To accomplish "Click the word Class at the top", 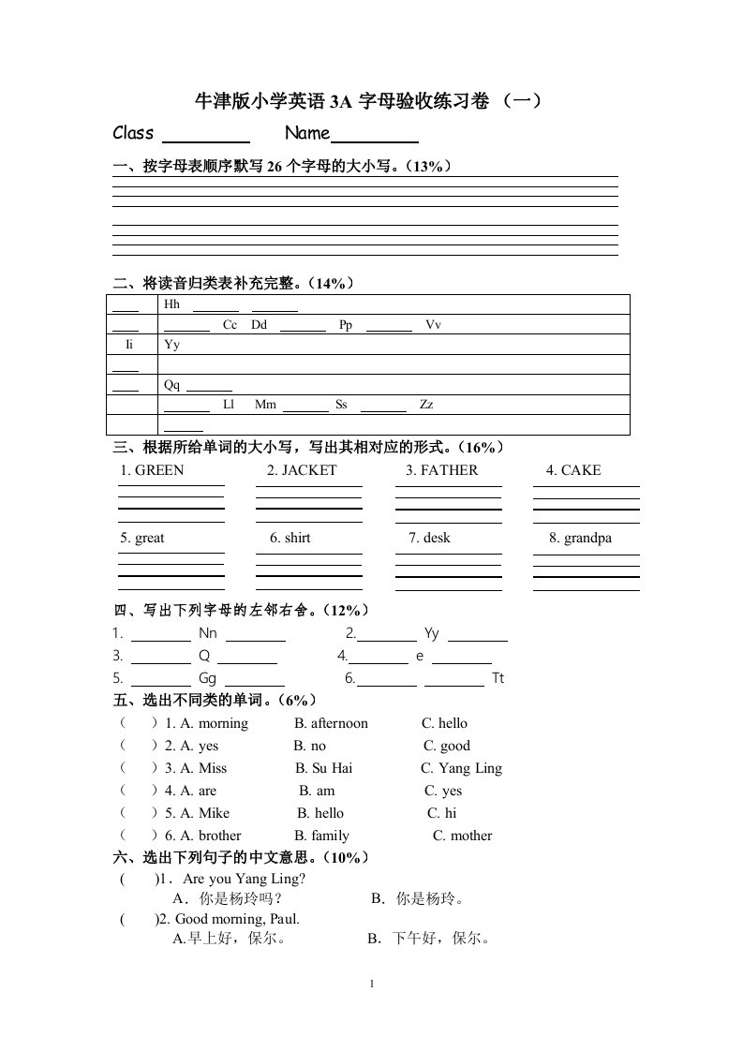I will click(133, 133).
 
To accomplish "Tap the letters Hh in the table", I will click(171, 304).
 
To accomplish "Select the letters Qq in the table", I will click(171, 385).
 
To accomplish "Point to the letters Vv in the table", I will click(433, 325).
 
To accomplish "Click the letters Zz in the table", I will click(426, 406).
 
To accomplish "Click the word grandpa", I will click(587, 538).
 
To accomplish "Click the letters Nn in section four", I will click(208, 633).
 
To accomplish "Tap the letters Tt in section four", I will click(498, 678).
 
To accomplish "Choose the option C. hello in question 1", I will click(444, 723).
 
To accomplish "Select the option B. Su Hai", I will click(323, 768).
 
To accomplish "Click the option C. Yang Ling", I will click(461, 768).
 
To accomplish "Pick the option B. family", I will click(321, 836).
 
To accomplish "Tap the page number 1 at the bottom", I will click(372, 984).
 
